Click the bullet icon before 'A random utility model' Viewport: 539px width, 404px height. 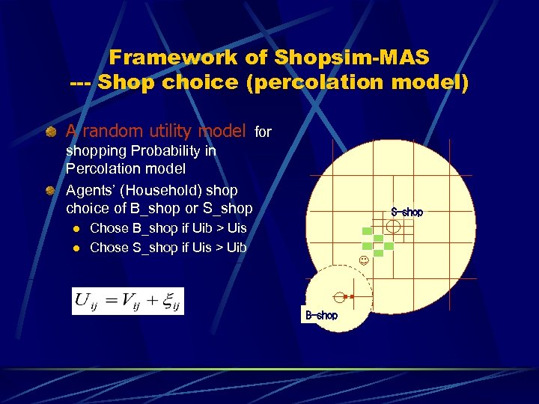pos(50,132)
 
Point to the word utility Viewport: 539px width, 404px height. pos(162,132)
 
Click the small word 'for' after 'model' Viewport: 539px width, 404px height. pos(263,132)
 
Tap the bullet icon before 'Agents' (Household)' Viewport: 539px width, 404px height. pos(50,190)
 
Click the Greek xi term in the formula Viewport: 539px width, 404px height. pos(168,302)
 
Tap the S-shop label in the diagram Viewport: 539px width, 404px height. pos(406,212)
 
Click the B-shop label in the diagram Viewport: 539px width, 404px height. pos(321,316)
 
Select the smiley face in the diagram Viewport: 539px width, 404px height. pos(363,261)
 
